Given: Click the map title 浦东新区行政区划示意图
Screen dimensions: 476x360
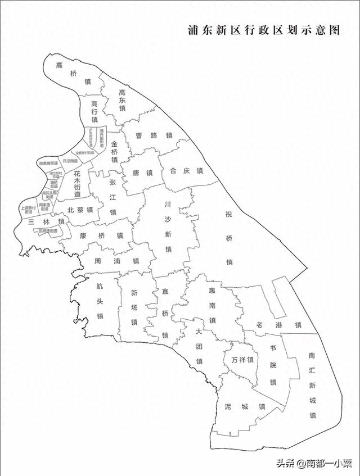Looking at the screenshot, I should (x=264, y=30).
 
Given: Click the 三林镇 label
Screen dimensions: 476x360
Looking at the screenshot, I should (x=46, y=221).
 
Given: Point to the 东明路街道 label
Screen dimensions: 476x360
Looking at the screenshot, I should (x=48, y=231).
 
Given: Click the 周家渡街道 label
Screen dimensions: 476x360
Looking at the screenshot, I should (x=44, y=207).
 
